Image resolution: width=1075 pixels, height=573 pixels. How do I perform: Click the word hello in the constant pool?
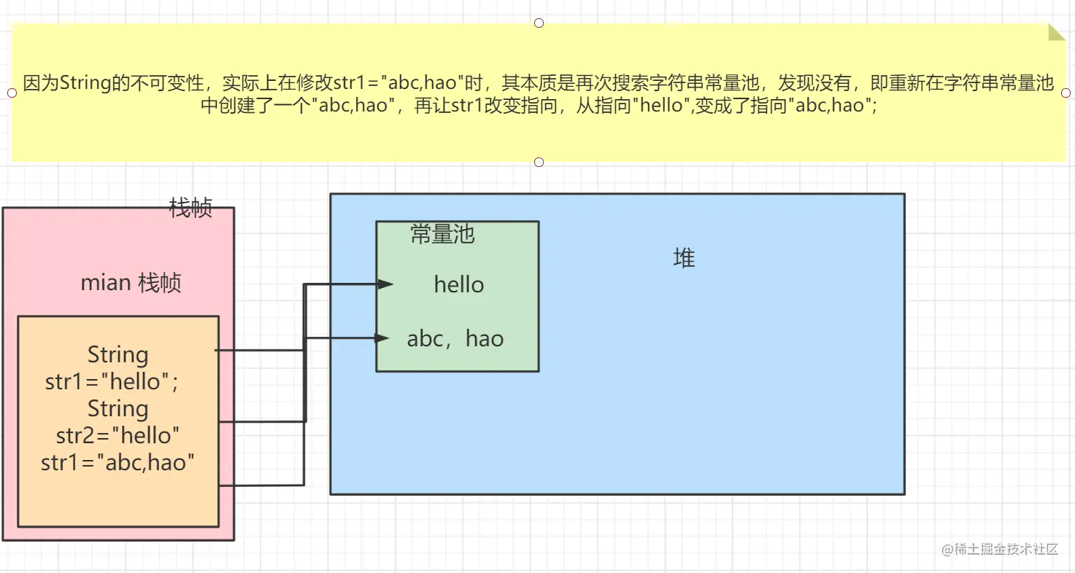point(459,284)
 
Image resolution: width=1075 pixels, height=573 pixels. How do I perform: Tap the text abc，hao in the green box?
point(455,339)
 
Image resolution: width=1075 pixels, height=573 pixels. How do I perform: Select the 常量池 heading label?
point(442,234)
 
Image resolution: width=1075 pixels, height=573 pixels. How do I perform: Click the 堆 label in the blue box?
point(684,258)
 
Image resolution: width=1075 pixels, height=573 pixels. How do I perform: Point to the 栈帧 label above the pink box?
point(190,208)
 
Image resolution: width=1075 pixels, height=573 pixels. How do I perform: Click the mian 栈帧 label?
point(131,283)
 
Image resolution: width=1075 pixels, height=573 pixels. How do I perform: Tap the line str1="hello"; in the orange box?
point(112,381)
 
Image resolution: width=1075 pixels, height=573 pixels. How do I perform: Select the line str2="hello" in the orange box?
point(118,435)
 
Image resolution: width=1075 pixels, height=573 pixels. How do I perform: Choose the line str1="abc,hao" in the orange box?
point(118,462)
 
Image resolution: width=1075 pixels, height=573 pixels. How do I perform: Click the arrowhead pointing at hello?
point(386,284)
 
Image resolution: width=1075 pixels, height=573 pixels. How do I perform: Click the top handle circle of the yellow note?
point(539,23)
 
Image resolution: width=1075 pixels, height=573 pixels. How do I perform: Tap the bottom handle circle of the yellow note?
point(539,162)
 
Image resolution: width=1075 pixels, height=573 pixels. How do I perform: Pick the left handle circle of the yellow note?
point(12,93)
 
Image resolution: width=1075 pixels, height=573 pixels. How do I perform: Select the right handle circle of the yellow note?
point(1066,93)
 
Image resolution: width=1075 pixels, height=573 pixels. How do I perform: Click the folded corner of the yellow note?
point(1056,32)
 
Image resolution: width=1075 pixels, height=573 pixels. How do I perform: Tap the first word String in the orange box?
point(117,355)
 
